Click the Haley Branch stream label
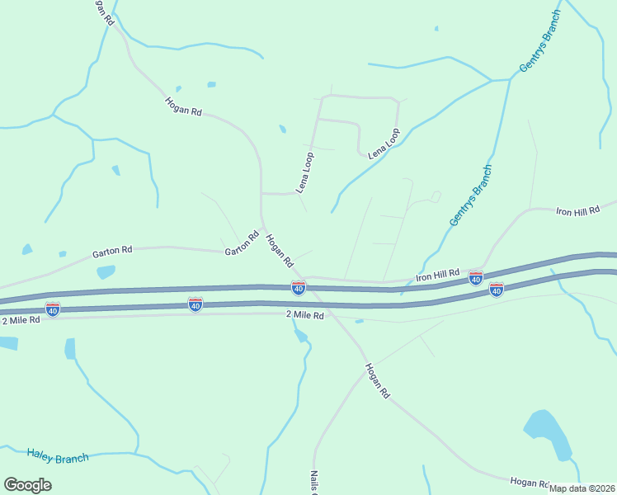click(x=57, y=456)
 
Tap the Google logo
click(x=27, y=485)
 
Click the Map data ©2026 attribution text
click(x=582, y=488)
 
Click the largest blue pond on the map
click(x=548, y=434)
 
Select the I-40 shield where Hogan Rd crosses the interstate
click(x=299, y=287)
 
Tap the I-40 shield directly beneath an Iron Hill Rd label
click(x=476, y=279)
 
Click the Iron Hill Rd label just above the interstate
click(x=437, y=273)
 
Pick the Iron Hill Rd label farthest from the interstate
click(x=577, y=211)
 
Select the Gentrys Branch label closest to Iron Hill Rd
click(x=471, y=196)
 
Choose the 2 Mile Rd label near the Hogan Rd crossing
click(x=305, y=314)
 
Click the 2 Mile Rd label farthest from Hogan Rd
click(x=21, y=319)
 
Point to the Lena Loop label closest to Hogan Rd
click(x=305, y=172)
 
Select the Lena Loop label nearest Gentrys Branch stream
click(x=384, y=144)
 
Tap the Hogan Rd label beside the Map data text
click(x=530, y=483)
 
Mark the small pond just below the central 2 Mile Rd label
click(x=300, y=335)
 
